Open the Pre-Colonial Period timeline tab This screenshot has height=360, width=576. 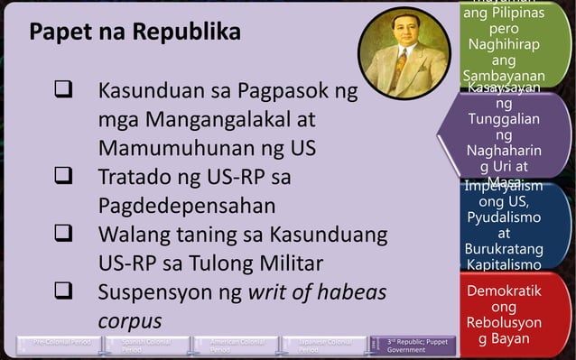point(62,346)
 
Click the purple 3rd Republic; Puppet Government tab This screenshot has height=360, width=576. point(417,346)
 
